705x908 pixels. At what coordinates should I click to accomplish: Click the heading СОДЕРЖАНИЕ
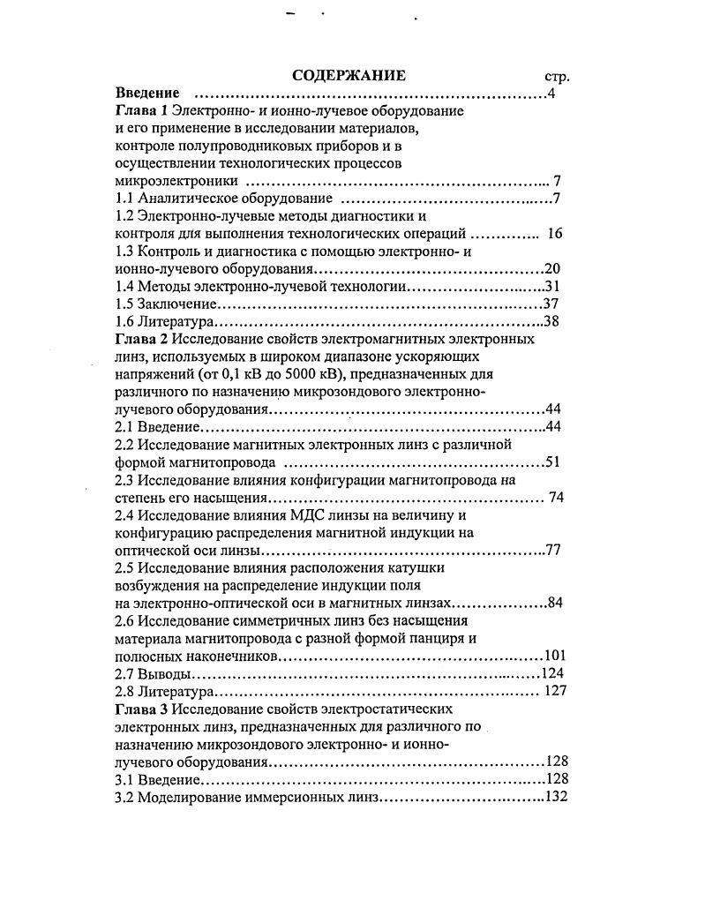tap(349, 75)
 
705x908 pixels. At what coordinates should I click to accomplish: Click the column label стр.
tap(558, 77)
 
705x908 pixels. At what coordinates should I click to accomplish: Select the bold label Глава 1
tap(142, 111)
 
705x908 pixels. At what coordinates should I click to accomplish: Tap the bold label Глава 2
tap(142, 340)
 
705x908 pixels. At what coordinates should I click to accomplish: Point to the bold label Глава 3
tap(142, 708)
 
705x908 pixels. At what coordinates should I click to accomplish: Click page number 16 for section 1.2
tap(555, 234)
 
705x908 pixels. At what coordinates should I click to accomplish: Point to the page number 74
tap(555, 497)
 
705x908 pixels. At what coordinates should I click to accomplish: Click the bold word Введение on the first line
tap(147, 94)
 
